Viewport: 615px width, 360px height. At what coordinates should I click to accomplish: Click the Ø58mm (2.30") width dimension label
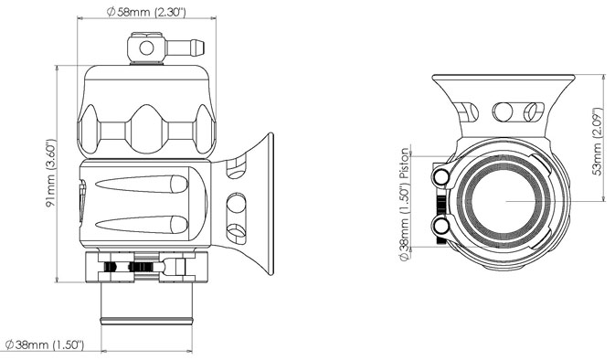tap(147, 12)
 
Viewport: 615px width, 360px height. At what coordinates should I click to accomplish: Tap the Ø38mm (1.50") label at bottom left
tap(45, 345)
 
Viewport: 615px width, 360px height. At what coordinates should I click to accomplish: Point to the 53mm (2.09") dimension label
tap(597, 137)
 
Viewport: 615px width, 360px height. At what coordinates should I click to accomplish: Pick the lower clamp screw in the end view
tap(443, 226)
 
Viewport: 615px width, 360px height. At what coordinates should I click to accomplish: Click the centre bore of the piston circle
tap(502, 200)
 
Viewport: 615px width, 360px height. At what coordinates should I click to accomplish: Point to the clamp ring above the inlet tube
tap(146, 268)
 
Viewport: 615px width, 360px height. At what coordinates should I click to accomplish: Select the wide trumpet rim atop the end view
tap(502, 79)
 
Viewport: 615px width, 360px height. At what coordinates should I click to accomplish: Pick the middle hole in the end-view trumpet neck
tap(502, 112)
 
